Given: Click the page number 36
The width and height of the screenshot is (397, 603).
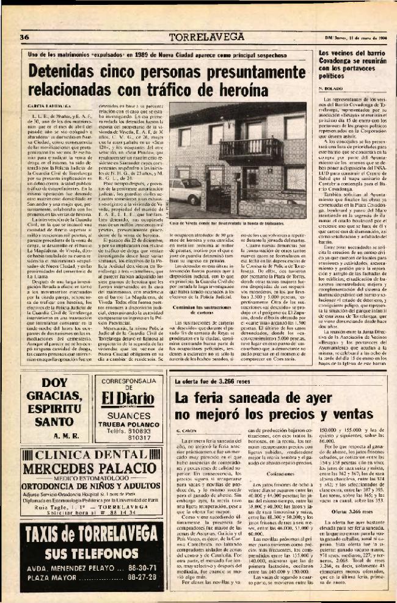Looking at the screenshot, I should [26, 37].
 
